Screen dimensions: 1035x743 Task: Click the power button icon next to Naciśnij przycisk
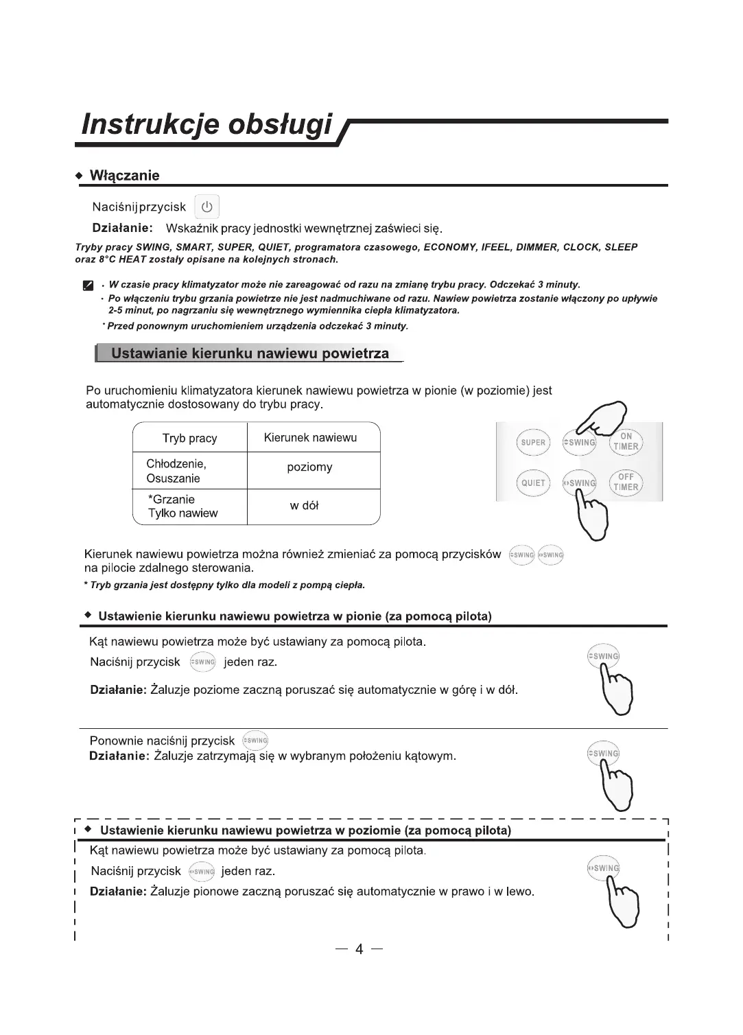pyautogui.click(x=207, y=207)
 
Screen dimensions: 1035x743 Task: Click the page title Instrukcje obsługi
pyautogui.click(x=207, y=124)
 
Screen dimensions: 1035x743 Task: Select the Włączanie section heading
pyautogui.click(x=125, y=176)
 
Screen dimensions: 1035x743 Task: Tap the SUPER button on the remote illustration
pyautogui.click(x=533, y=443)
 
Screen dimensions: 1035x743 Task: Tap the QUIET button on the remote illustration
pyautogui.click(x=533, y=483)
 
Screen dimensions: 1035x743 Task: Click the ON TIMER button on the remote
pyautogui.click(x=626, y=441)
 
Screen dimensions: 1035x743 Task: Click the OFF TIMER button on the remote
pyautogui.click(x=626, y=482)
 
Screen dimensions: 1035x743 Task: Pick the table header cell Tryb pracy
pyautogui.click(x=189, y=439)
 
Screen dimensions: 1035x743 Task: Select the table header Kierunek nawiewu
pyautogui.click(x=310, y=438)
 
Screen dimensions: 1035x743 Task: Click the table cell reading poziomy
pyautogui.click(x=309, y=467)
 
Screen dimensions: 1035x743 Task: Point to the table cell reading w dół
pyautogui.click(x=304, y=506)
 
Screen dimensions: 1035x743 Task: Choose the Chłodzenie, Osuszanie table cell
pyautogui.click(x=176, y=471)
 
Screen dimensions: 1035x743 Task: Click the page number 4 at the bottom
pyautogui.click(x=359, y=950)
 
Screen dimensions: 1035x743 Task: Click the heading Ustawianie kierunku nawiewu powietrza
pyautogui.click(x=250, y=354)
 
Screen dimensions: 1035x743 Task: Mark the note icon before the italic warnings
pyautogui.click(x=87, y=285)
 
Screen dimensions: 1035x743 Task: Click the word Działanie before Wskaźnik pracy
pyautogui.click(x=122, y=228)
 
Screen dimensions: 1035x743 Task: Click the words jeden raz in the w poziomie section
pyautogui.click(x=248, y=872)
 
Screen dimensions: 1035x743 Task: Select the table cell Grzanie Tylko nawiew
pyautogui.click(x=182, y=507)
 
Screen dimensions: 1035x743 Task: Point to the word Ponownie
pyautogui.click(x=117, y=741)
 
